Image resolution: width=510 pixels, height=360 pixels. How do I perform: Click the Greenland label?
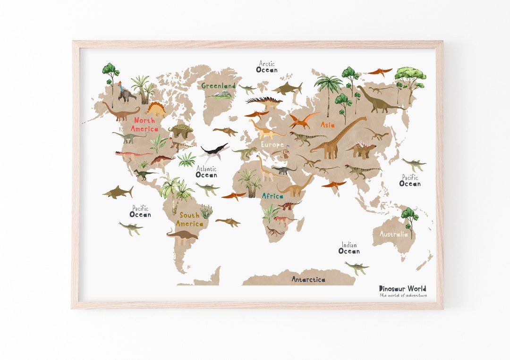(x=218, y=86)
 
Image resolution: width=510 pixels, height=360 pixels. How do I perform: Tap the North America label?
(x=144, y=124)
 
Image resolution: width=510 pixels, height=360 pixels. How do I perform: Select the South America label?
(x=190, y=219)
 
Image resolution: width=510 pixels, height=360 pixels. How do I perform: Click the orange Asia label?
(x=328, y=125)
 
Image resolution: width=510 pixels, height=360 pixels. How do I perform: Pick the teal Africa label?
(x=272, y=196)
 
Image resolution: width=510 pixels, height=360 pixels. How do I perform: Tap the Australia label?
(x=393, y=234)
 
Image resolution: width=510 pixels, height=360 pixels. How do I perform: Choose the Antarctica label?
(x=308, y=279)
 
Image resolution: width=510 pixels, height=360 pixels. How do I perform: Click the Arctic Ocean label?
(x=267, y=67)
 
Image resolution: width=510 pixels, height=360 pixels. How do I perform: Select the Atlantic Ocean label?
(x=206, y=172)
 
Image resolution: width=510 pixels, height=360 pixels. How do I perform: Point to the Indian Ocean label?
(x=349, y=248)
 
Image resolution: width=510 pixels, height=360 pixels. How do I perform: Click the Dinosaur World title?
(x=402, y=288)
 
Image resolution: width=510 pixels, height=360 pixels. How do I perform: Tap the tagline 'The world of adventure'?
(x=403, y=295)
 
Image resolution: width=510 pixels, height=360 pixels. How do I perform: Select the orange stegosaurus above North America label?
(x=156, y=109)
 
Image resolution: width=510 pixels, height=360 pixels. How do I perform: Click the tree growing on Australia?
(x=409, y=219)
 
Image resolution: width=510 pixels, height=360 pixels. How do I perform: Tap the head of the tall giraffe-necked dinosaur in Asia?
(x=364, y=118)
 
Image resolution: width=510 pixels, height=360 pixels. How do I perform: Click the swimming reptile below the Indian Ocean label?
(x=357, y=268)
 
